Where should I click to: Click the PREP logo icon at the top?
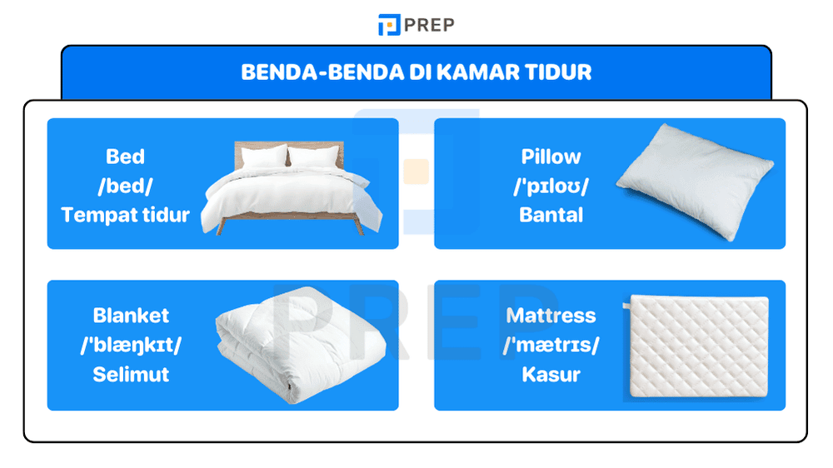389,25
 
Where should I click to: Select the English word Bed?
125,157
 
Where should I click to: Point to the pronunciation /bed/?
125,186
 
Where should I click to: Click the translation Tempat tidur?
125,215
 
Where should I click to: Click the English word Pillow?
551,157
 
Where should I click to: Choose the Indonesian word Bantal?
551,215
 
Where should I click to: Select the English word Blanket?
131,316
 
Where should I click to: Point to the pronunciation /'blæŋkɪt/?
131,345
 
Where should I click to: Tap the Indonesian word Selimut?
131,374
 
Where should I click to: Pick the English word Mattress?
551,316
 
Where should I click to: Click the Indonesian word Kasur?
551,374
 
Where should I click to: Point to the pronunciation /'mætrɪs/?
551,345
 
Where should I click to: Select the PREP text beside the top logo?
429,25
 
